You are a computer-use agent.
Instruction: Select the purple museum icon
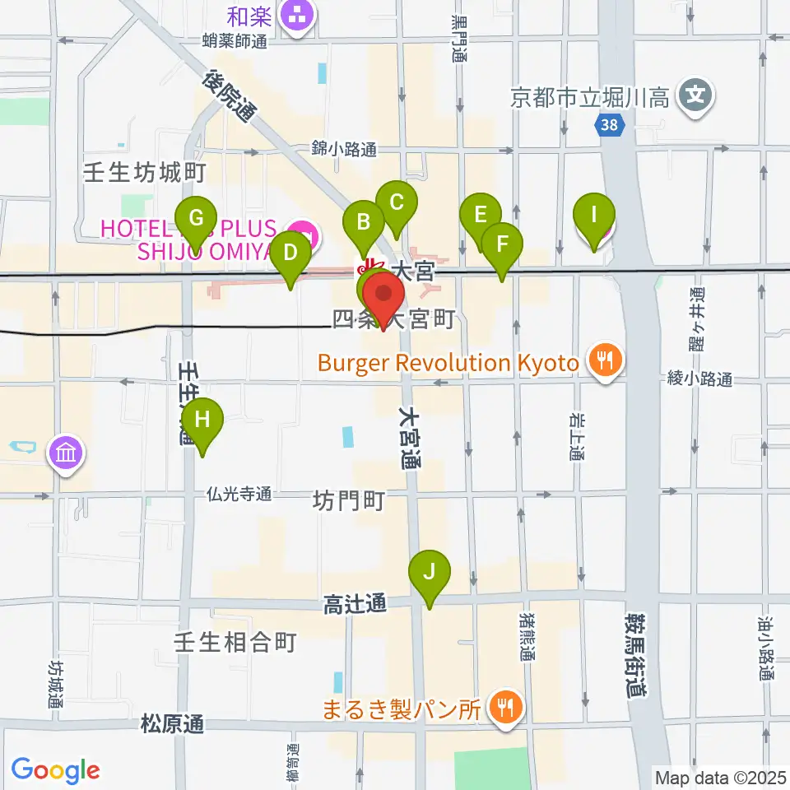[x=66, y=452]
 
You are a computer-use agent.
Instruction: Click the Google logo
[x=55, y=770]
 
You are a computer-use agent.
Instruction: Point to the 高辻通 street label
[x=355, y=605]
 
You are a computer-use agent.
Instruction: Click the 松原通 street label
[x=171, y=725]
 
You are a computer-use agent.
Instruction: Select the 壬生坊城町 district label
[x=144, y=172]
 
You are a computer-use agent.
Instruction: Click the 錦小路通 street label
[x=343, y=149]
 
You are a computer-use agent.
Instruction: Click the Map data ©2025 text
[x=720, y=777]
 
